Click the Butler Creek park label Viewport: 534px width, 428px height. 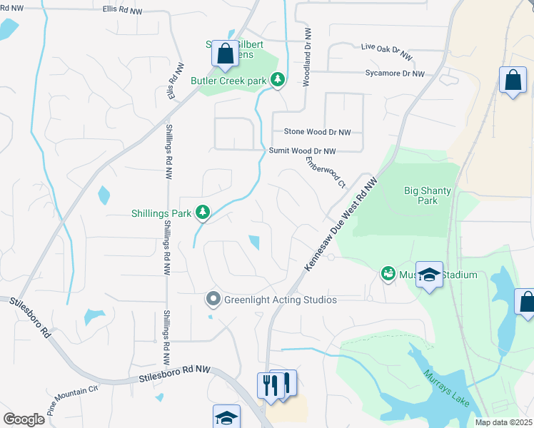[x=228, y=81]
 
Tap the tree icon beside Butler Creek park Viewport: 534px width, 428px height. [x=278, y=81]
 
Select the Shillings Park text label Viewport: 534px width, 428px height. [x=162, y=213]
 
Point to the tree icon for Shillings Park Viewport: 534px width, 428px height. [x=203, y=212]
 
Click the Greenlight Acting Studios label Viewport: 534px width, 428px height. [x=280, y=300]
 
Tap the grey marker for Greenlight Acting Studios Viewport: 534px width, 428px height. [x=212, y=300]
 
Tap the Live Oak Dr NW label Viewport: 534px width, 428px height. [x=387, y=51]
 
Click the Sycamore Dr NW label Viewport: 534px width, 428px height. [x=394, y=73]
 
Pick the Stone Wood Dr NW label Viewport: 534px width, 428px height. [x=318, y=132]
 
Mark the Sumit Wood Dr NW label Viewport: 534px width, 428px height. [x=302, y=151]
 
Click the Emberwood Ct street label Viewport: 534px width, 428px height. [x=326, y=172]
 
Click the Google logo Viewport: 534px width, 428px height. [x=24, y=419]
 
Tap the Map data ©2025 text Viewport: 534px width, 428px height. [x=503, y=422]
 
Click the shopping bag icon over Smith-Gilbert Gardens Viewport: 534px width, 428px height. [x=225, y=54]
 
